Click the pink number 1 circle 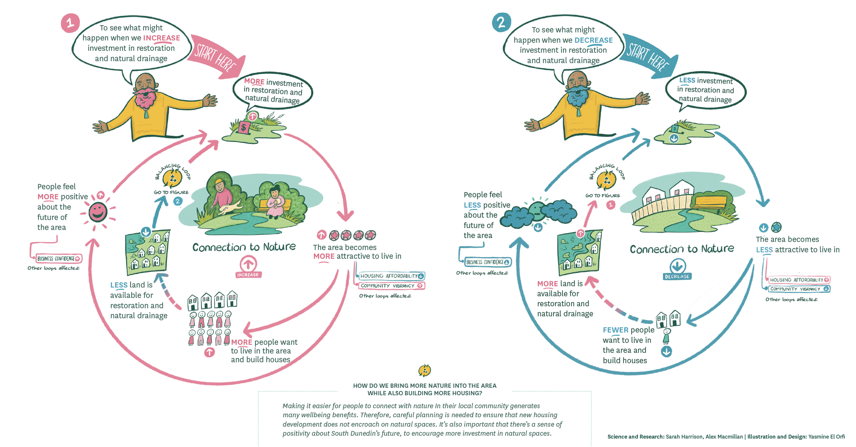tap(70, 23)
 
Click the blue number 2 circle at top tap(501, 22)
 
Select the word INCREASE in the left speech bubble tap(161, 38)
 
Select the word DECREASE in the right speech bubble tap(593, 40)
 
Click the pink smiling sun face tap(98, 212)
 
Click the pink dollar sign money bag tap(243, 128)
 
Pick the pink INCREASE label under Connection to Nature tap(248, 275)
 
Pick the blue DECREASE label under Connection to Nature tap(677, 276)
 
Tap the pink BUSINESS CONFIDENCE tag tap(59, 259)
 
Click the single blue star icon tap(776, 227)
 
